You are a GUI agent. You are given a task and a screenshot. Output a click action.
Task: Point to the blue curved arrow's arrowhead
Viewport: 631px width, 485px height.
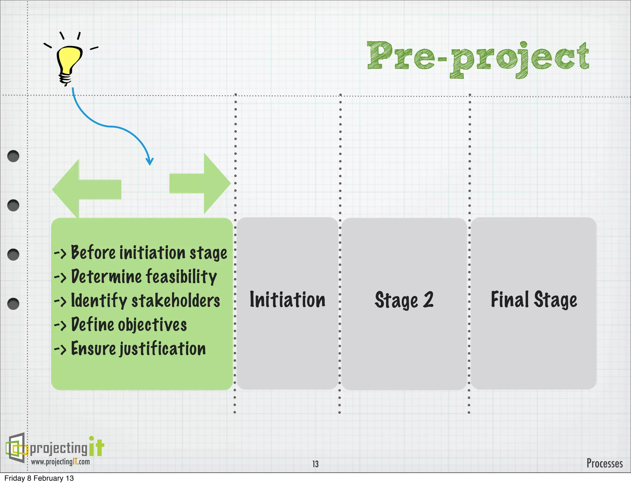click(150, 162)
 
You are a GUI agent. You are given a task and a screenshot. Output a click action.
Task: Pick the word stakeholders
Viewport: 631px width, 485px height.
click(176, 300)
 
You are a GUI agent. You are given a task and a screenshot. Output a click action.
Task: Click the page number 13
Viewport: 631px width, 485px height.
click(315, 464)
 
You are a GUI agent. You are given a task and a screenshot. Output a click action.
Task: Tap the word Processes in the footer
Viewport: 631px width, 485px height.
click(605, 463)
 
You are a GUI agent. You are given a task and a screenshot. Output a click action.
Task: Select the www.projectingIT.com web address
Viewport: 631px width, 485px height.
click(60, 462)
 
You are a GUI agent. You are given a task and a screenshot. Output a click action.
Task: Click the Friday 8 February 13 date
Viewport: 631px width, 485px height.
click(39, 478)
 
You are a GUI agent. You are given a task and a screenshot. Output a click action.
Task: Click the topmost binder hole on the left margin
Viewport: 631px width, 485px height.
click(13, 156)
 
